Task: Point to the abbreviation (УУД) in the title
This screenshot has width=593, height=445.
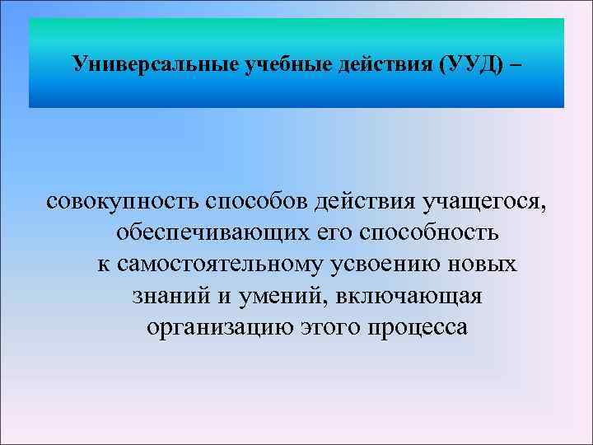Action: [x=467, y=63]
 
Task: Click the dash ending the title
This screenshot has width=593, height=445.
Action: [x=516, y=63]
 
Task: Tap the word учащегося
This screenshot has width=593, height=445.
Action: [x=485, y=201]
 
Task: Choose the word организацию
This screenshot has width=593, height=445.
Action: [x=215, y=327]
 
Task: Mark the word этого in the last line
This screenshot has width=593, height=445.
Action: [x=322, y=327]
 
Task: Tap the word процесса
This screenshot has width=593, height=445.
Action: [x=415, y=327]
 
